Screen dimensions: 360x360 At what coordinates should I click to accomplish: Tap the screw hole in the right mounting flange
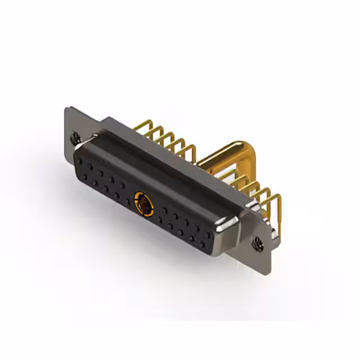click(x=258, y=244)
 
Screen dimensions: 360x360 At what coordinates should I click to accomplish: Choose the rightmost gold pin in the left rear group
click(x=190, y=151)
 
